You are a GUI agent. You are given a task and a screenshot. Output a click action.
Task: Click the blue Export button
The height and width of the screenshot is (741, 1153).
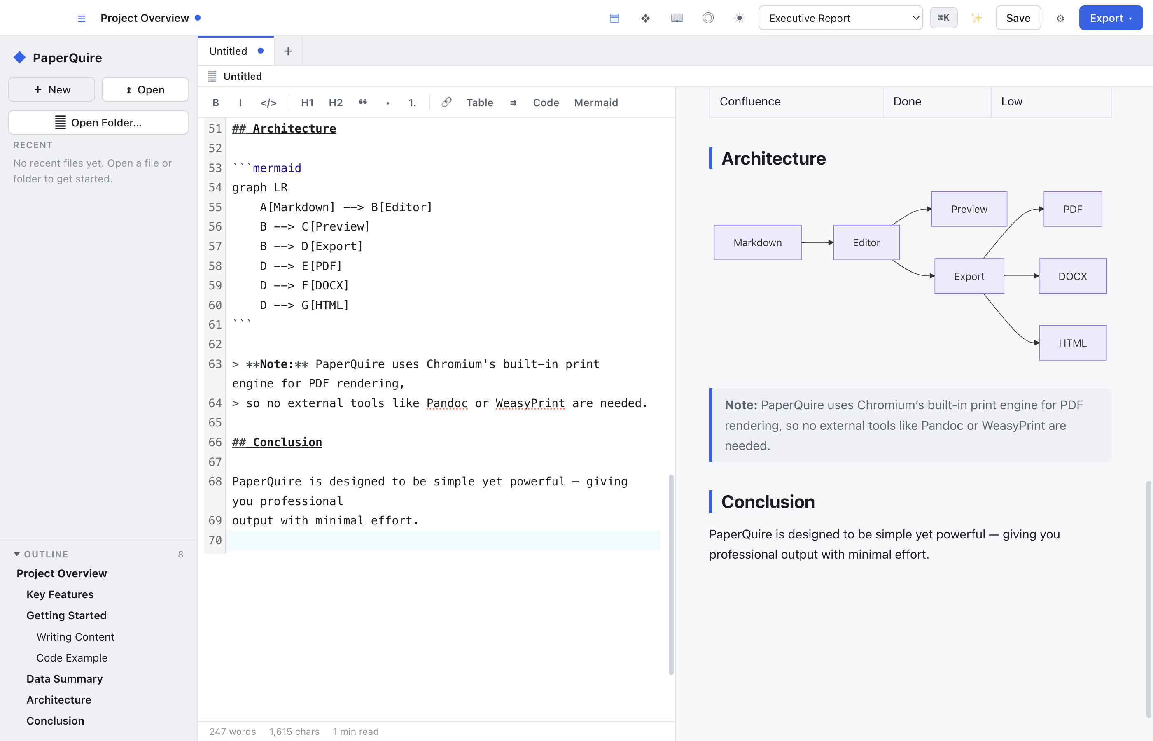pos(1110,18)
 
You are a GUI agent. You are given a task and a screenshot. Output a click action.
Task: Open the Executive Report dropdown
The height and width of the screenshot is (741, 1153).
pos(840,18)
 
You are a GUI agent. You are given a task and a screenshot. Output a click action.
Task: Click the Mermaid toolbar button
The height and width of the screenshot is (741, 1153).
pos(596,103)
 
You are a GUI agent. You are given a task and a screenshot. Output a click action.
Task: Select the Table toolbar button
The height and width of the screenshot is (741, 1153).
pos(479,103)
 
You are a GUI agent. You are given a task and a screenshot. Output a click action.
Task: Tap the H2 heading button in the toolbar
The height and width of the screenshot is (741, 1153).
pos(336,103)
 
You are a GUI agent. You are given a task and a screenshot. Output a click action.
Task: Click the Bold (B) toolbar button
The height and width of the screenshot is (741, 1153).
pos(216,103)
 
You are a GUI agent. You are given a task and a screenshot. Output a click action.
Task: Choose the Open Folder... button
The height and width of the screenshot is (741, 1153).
pos(98,122)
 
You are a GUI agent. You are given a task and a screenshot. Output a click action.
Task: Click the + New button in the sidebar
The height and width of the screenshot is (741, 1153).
pos(51,89)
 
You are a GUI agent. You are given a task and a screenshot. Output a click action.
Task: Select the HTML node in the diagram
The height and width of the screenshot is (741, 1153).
pos(1073,343)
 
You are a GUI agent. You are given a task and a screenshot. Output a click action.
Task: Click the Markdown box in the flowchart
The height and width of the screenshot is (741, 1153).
pos(757,242)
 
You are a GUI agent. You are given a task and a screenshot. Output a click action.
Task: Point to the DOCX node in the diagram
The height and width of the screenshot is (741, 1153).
pos(1073,276)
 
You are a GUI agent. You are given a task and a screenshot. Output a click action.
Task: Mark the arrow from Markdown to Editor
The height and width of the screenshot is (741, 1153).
pos(817,242)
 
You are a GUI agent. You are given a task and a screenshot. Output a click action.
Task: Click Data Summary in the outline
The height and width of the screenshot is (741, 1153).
pos(65,678)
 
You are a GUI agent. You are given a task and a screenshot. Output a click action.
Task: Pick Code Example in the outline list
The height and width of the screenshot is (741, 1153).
pos(72,657)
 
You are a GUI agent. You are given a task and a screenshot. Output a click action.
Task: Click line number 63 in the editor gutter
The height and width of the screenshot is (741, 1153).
pos(215,364)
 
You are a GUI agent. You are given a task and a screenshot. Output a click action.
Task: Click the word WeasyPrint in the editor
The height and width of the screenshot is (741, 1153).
pos(530,403)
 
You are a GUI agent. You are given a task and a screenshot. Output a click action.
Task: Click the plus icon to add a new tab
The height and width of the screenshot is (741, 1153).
pos(288,51)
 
